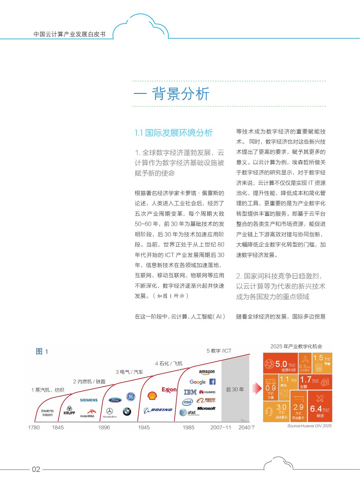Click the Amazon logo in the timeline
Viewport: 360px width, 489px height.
pos(207,372)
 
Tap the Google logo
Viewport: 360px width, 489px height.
pos(197,382)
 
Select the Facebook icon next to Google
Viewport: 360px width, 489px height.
pos(212,382)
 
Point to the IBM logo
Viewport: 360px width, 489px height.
pos(190,392)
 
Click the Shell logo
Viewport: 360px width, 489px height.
pos(152,396)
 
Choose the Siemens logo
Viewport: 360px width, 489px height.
pos(89,400)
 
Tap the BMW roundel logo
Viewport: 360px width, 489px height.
pos(127,411)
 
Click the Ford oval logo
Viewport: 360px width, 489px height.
pos(115,400)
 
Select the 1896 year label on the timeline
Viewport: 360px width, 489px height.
pos(104,427)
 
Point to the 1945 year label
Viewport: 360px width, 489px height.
pos(144,427)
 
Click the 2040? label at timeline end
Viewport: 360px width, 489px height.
pos(246,427)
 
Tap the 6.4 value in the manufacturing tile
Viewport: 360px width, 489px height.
pos(316,409)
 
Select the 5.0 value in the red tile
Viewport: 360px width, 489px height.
pos(281,364)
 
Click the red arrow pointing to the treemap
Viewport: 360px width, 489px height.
pos(257,388)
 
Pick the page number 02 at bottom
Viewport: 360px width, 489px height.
pos(36,469)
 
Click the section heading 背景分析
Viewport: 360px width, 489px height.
pos(181,94)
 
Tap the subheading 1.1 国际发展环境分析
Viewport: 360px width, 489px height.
pos(174,133)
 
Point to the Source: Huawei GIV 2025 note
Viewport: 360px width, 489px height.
pos(309,426)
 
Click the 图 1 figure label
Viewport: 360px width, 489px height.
pos(42,352)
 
